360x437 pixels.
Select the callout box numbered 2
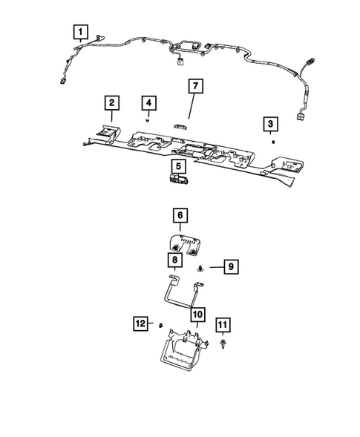pyautogui.click(x=111, y=102)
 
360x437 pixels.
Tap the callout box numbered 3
pyautogui.click(x=272, y=122)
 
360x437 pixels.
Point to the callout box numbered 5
pyautogui.click(x=179, y=166)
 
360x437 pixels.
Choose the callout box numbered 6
pyautogui.click(x=180, y=216)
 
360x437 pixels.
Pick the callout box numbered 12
pyautogui.click(x=140, y=323)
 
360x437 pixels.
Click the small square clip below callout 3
pyautogui.click(x=273, y=139)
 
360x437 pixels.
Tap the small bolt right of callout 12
pyautogui.click(x=159, y=325)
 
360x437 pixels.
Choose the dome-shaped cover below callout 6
pyautogui.click(x=184, y=243)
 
